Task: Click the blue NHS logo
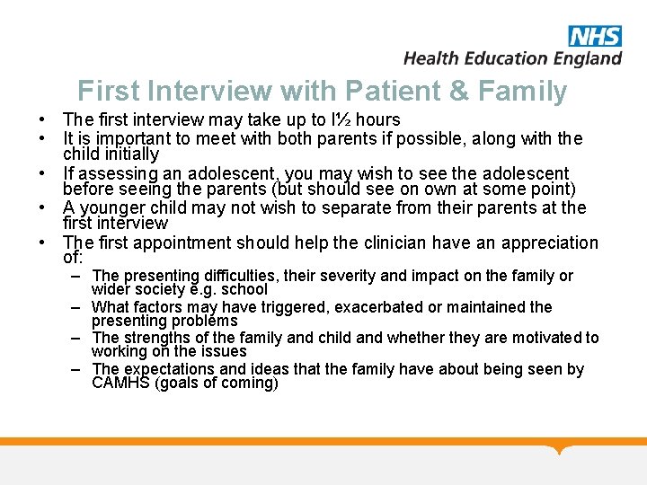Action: (594, 36)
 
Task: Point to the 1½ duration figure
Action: (339, 120)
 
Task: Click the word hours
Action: (377, 120)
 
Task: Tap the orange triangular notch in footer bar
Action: (562, 449)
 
